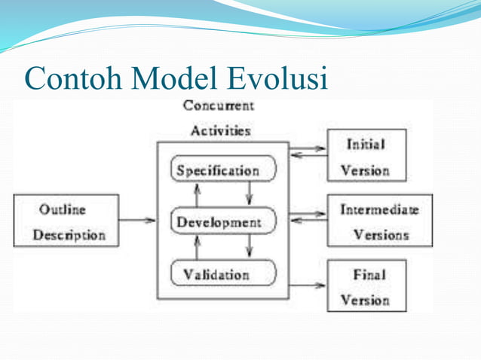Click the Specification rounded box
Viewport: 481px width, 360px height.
point(224,170)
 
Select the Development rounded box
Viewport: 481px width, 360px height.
point(224,222)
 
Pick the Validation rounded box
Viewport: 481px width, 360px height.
point(224,273)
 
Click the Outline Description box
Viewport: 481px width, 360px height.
point(66,221)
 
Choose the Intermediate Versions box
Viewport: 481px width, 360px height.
point(379,221)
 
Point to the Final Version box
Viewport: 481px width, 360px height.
point(366,285)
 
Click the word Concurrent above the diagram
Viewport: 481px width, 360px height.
point(219,106)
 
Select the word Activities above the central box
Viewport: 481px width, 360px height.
point(220,130)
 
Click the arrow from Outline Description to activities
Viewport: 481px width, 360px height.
point(137,221)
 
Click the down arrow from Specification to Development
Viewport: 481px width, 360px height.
point(250,196)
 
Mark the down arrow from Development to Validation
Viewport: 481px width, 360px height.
point(250,247)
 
